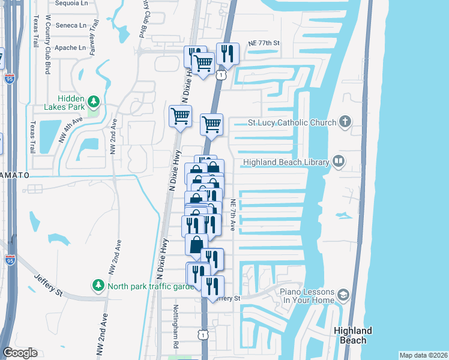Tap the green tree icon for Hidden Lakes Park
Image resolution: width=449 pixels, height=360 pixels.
coord(92,100)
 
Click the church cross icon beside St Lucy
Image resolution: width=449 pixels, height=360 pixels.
coord(345,122)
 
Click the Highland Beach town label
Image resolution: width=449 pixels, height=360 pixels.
coord(353,335)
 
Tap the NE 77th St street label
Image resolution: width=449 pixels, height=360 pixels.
coord(264,43)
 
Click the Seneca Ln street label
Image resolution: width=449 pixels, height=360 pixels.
coord(71,25)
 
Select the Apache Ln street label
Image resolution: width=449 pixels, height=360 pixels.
coord(70,47)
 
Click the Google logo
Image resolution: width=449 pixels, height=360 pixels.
coord(20,353)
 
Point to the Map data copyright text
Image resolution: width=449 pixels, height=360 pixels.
coord(423,355)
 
